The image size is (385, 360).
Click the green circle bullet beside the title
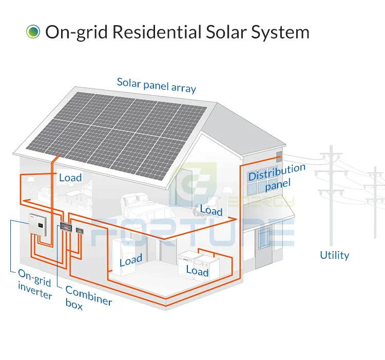pos(33,32)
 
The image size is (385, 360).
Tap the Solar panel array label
pos(157,85)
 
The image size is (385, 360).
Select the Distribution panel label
pos(277,177)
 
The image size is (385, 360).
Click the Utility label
pos(334,255)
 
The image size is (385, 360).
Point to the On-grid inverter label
pos(34,284)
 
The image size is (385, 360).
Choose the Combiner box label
pos(88,298)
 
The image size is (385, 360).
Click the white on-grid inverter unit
pos(38,225)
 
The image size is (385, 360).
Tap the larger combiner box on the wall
pos(66,226)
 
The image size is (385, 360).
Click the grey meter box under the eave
pos(279,157)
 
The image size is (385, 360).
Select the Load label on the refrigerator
pos(131,260)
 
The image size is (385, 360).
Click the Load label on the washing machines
pos(197,271)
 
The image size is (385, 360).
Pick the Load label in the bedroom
pos(211,210)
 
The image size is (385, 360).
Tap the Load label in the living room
pos(70,178)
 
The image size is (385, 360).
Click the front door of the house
pos(264,248)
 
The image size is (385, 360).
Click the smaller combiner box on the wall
pos(80,231)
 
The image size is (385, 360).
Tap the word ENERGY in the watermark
pos(261,202)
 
